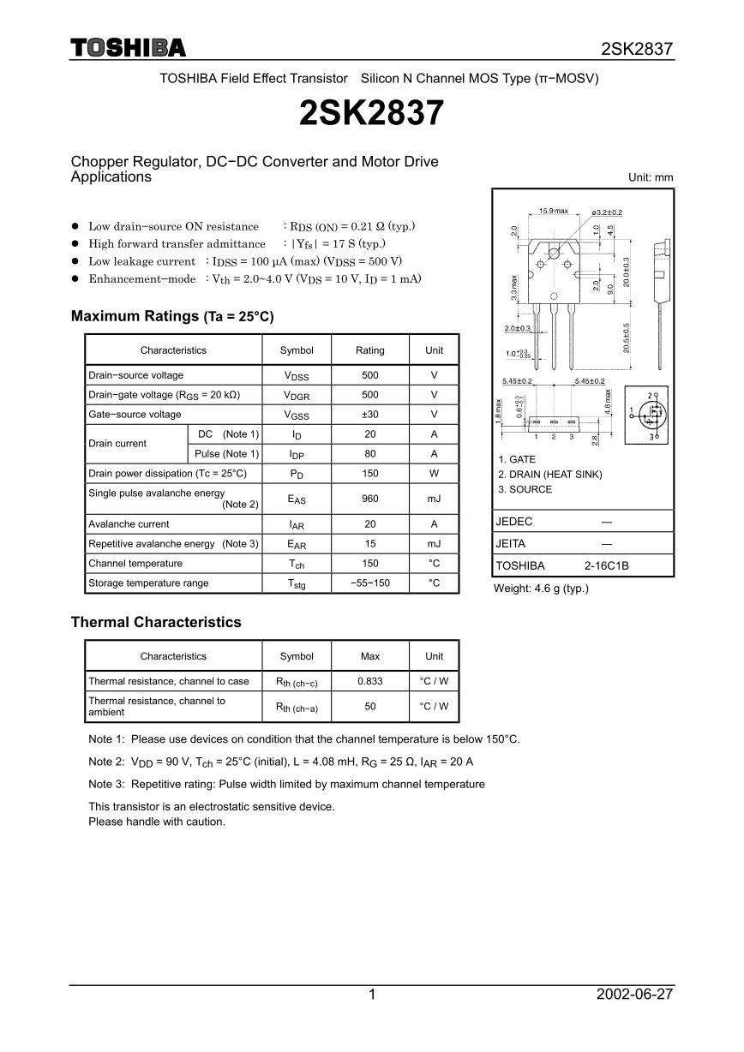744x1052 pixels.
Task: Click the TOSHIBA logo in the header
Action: tap(128, 48)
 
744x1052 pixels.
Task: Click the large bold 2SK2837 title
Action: tap(372, 113)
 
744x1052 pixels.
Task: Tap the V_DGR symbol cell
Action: tap(297, 395)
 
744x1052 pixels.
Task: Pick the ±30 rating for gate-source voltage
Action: tap(370, 415)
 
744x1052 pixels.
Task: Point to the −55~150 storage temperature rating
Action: tap(370, 583)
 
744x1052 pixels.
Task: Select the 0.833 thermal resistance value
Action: tap(370, 682)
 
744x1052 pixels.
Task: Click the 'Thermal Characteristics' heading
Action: tap(156, 623)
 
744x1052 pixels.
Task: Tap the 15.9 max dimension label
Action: tap(554, 211)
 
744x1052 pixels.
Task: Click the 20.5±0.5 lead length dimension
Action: tap(627, 337)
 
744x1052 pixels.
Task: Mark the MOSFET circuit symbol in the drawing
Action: tap(653, 415)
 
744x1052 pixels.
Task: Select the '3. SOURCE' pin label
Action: tap(525, 489)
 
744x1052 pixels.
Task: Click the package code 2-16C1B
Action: tap(607, 566)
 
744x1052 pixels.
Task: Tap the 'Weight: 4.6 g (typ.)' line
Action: tap(541, 589)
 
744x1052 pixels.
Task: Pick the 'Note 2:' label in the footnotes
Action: tap(107, 762)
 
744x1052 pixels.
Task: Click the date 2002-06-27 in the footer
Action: tap(634, 995)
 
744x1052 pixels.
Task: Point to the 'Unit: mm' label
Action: tap(651, 178)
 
